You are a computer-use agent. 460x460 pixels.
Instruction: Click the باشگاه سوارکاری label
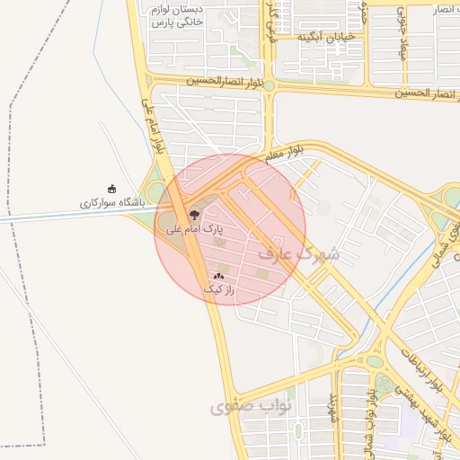pos(111,203)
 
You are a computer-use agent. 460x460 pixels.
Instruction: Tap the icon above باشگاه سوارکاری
pos(111,189)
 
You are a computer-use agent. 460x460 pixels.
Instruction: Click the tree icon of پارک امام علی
pos(194,214)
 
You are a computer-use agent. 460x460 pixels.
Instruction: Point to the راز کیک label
pos(218,289)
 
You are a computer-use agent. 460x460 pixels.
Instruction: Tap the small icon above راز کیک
pos(218,275)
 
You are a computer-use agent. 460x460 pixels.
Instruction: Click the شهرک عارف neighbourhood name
pos(299,254)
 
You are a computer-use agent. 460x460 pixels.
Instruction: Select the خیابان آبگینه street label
pos(327,36)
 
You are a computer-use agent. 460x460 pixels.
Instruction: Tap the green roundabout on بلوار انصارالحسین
pos(270,86)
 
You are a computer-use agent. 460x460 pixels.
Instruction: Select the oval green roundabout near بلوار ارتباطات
pos(374,360)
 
